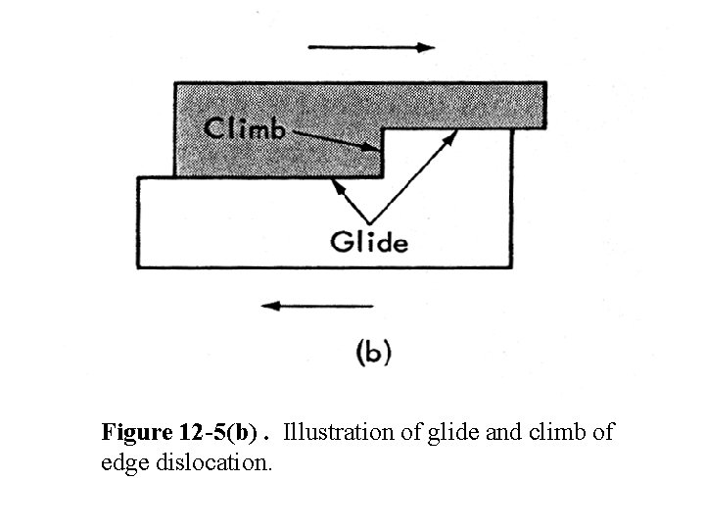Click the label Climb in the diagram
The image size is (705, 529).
pyautogui.click(x=245, y=128)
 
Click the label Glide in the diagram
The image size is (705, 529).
pyautogui.click(x=369, y=241)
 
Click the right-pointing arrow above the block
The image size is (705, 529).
pyautogui.click(x=371, y=47)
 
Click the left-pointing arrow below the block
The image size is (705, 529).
pyautogui.click(x=316, y=306)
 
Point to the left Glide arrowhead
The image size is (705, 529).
pyautogui.click(x=337, y=182)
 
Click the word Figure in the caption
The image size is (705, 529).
pyautogui.click(x=133, y=432)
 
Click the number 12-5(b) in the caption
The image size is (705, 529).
pyautogui.click(x=216, y=432)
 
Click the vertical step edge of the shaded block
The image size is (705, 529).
pyautogui.click(x=382, y=153)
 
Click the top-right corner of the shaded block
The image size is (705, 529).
pyautogui.click(x=545, y=84)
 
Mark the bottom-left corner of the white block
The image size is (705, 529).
pyautogui.click(x=138, y=266)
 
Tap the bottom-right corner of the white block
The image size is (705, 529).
pyautogui.click(x=512, y=266)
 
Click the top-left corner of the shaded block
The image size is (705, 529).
pyautogui.click(x=175, y=84)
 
